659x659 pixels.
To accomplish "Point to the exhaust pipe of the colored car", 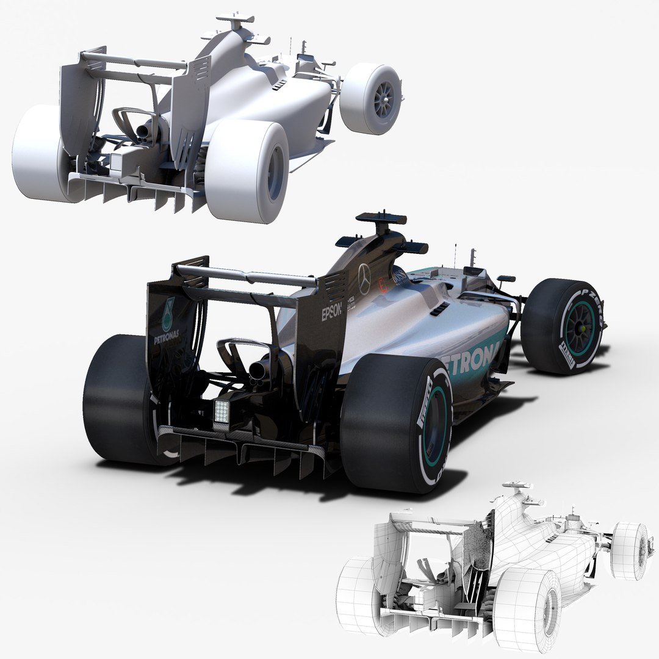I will tap(258, 369).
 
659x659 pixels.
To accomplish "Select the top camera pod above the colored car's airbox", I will tap(381, 218).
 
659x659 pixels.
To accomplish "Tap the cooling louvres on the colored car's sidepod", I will tap(438, 311).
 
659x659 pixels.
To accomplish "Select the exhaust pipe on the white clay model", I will tap(145, 129).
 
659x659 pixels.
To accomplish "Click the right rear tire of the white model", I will tap(247, 171).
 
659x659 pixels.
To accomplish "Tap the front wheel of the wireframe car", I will tap(630, 550).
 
